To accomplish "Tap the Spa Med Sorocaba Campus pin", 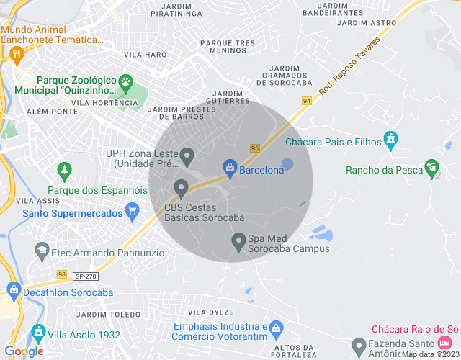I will (239, 241).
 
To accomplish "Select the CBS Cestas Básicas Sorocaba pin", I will (181, 189).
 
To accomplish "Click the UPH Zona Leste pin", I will (187, 156).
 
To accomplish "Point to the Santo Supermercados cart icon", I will (131, 212).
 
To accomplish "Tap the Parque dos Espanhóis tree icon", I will (65, 171).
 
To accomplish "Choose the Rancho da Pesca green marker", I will (432, 168).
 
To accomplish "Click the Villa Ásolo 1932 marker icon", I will (38, 334).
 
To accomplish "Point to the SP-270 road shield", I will (85, 276).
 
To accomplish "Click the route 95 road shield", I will (255, 148).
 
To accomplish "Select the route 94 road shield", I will (307, 101).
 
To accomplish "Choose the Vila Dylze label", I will (210, 312).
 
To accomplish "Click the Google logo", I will (24, 351).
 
